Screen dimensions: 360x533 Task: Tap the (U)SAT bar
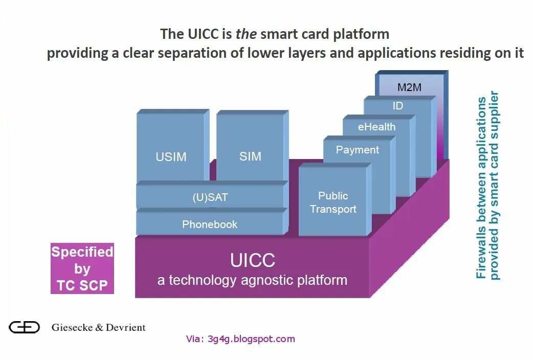coord(210,197)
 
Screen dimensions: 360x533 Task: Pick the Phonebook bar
coord(210,224)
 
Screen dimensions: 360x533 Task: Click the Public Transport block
coord(334,202)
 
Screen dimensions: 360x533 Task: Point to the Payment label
coord(358,150)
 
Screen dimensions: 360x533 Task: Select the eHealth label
coord(377,127)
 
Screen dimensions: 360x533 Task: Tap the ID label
coord(398,106)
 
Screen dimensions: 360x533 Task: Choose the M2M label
coord(410,87)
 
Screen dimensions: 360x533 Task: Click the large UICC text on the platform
coord(253,260)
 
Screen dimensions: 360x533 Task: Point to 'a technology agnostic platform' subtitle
coord(253,280)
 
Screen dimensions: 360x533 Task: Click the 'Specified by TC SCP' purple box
coord(82,268)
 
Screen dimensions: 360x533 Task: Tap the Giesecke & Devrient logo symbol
coord(24,327)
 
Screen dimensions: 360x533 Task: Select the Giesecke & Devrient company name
coord(99,327)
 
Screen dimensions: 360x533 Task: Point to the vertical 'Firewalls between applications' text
coord(481,188)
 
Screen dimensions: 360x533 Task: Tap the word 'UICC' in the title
coord(202,34)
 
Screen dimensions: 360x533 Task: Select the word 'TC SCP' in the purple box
coord(82,285)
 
